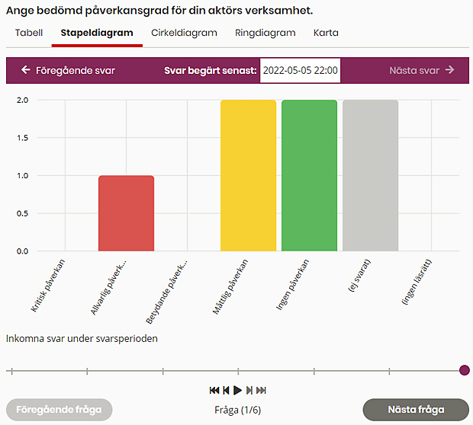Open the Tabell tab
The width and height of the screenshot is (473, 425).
[x=29, y=33]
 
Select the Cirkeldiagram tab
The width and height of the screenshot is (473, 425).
[x=184, y=33]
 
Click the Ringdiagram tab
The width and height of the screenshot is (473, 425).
[x=265, y=33]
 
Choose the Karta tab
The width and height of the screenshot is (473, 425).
[x=326, y=33]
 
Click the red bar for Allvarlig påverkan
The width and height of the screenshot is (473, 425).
[x=126, y=213]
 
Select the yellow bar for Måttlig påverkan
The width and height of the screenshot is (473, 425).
[x=248, y=175]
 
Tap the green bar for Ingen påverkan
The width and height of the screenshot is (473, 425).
[x=309, y=175]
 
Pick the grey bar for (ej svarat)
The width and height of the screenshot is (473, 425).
[x=370, y=175]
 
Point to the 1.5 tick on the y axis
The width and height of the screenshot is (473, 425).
[x=22, y=138]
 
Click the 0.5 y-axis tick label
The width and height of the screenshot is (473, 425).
[x=22, y=213]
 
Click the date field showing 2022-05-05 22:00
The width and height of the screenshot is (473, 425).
[x=300, y=70]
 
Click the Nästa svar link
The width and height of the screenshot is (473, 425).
[x=421, y=70]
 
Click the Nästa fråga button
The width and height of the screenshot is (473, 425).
[x=415, y=410]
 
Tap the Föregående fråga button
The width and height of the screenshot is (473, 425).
[x=59, y=410]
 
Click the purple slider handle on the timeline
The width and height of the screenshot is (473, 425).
[x=465, y=371]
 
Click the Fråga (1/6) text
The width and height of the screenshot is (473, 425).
[x=237, y=410]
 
